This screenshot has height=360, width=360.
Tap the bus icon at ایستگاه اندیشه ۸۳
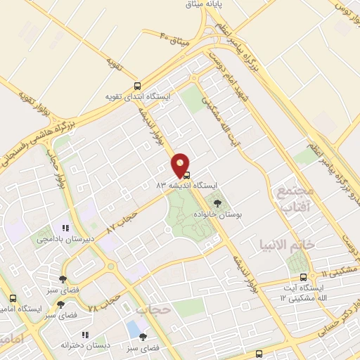(187, 174)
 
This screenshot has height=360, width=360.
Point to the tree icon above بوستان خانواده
(217, 204)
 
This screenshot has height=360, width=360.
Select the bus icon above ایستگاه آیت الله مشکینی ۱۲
(304, 277)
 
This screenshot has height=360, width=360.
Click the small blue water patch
(133, 328)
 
